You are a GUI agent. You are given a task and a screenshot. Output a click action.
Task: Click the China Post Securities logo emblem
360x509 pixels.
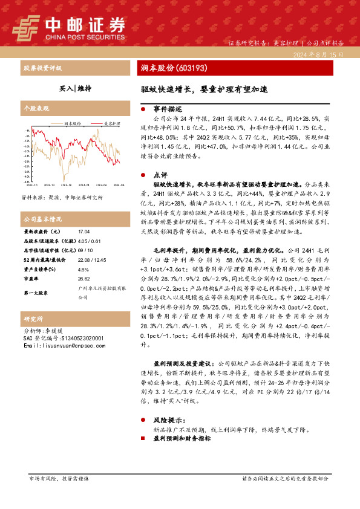tap(25, 27)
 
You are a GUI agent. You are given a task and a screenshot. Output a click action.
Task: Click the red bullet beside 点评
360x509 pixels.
tap(143, 174)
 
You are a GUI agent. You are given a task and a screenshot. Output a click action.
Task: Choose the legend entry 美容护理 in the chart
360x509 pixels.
tap(111, 123)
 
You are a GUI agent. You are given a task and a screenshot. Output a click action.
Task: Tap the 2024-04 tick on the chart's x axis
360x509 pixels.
tap(83, 185)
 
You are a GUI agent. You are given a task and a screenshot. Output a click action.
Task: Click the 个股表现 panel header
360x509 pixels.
tap(36, 108)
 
